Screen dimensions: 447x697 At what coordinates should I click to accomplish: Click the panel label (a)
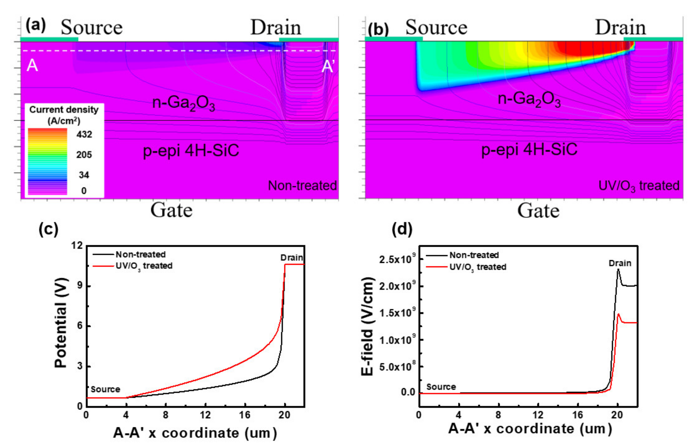click(x=35, y=25)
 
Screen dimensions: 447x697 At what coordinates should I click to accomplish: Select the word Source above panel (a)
click(x=91, y=28)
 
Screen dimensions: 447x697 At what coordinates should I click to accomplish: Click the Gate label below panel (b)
click(x=538, y=210)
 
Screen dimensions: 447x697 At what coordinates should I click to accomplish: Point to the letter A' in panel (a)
click(x=328, y=66)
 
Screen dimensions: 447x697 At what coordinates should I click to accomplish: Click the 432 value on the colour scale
click(x=84, y=134)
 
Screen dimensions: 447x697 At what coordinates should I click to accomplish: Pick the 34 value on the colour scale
click(x=84, y=175)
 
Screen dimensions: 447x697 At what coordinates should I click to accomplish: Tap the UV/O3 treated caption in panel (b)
click(x=639, y=186)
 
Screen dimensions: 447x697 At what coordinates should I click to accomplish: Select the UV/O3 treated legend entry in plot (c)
click(x=144, y=266)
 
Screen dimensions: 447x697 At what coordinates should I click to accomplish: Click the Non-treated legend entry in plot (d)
click(x=474, y=255)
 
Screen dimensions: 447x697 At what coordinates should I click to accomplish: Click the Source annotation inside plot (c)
click(x=105, y=389)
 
